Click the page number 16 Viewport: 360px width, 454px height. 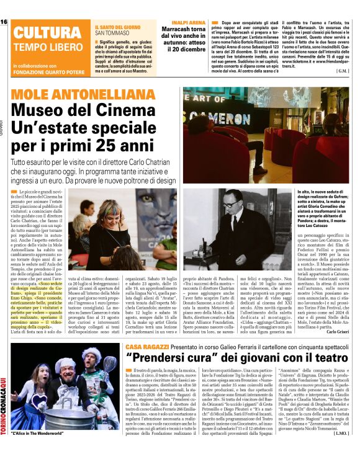click(4, 22)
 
